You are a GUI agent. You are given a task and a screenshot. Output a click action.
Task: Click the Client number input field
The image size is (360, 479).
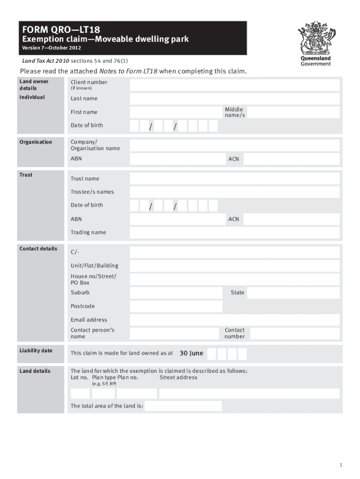(x=235, y=85)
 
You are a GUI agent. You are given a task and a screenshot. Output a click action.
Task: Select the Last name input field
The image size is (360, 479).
(x=235, y=99)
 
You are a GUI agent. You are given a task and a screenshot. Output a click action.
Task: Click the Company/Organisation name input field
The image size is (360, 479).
(x=235, y=145)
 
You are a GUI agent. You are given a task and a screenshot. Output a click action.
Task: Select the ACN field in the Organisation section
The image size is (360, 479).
(x=292, y=159)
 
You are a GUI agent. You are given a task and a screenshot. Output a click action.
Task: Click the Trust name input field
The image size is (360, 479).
(x=235, y=179)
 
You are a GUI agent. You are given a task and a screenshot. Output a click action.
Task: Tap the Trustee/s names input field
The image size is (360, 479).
(x=235, y=192)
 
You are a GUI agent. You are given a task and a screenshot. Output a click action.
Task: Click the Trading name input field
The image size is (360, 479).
(x=235, y=232)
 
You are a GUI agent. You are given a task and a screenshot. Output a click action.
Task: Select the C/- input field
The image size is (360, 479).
(x=235, y=253)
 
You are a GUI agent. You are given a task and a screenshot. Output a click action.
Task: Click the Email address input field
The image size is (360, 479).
(x=235, y=320)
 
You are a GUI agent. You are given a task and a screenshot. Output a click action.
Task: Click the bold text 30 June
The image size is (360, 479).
(x=191, y=353)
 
